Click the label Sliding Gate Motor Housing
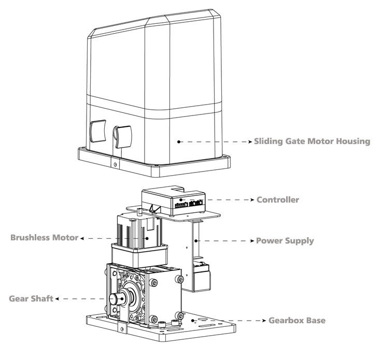click(312, 141)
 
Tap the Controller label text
click(277, 199)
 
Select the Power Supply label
click(285, 241)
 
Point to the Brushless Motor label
click(45, 238)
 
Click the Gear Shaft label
click(32, 299)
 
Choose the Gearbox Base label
click(297, 320)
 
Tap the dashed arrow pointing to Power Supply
click(225, 241)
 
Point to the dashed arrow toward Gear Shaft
click(83, 299)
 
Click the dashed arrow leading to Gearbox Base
click(231, 320)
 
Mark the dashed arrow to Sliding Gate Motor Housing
click(215, 141)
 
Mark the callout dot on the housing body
click(178, 140)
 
